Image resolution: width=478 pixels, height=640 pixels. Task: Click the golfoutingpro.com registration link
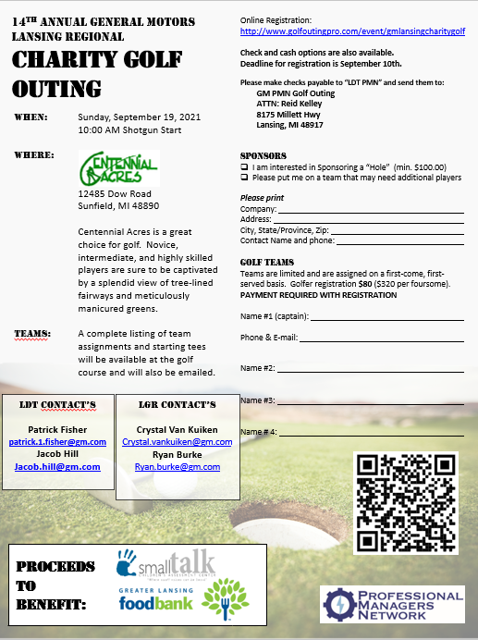click(352, 31)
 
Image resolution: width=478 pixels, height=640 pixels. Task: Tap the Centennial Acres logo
click(119, 168)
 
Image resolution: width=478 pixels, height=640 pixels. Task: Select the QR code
click(406, 503)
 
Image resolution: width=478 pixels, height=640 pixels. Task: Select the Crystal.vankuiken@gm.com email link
click(177, 442)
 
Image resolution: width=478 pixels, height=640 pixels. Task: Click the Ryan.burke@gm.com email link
click(177, 467)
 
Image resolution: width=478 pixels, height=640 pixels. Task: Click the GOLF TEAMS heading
click(266, 262)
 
